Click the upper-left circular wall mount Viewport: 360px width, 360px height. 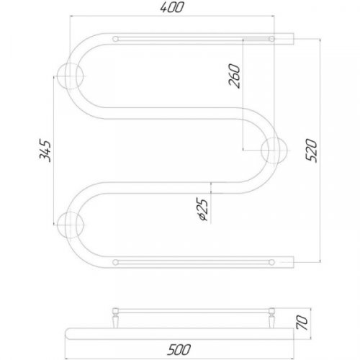[x=71, y=73]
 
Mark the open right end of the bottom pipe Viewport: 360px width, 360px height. [x=292, y=258]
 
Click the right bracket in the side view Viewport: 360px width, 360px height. [x=273, y=315]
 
